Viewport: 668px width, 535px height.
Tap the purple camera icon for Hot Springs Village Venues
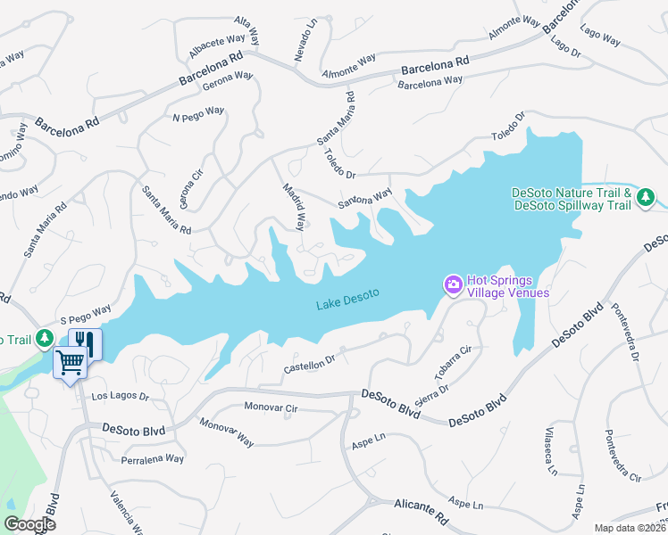point(454,284)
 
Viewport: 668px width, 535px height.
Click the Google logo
point(29,523)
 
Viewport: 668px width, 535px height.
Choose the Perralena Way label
point(152,458)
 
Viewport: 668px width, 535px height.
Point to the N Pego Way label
point(198,113)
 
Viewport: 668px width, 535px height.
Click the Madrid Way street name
point(294,205)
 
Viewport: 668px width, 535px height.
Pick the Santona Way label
point(364,199)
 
